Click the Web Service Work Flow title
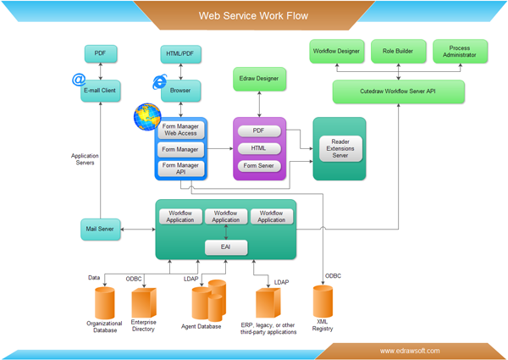tap(253, 15)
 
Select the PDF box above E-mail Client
tap(101, 54)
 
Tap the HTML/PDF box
tap(180, 54)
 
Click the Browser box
tap(180, 90)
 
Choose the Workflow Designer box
tap(336, 51)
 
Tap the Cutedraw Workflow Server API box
tap(398, 91)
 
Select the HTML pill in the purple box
tap(259, 148)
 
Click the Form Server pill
tap(259, 166)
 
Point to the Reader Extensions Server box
tap(340, 148)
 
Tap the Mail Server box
tap(101, 228)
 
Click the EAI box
tap(225, 247)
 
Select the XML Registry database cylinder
tap(323, 302)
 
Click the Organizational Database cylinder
tap(104, 302)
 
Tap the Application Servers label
tap(83, 158)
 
